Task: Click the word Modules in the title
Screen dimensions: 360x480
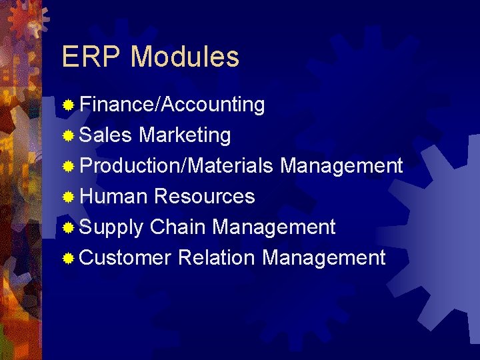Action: (185, 57)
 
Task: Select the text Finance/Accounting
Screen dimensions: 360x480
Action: (172, 105)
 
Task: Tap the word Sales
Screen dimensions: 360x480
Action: (105, 135)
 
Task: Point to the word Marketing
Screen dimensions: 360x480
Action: (185, 135)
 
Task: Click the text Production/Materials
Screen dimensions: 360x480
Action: (177, 165)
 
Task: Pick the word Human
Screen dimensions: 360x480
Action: (113, 196)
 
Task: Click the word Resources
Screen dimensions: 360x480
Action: (204, 196)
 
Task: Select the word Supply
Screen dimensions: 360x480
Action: (111, 227)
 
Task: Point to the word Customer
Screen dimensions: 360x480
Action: (125, 257)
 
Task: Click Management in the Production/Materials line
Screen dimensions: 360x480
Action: (341, 165)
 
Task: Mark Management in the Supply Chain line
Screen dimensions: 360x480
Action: (273, 227)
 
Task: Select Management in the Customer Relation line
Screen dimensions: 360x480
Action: (324, 257)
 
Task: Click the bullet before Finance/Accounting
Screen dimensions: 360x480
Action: (68, 105)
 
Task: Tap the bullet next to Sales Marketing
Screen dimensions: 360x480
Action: (68, 136)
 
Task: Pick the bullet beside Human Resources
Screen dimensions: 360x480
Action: (68, 197)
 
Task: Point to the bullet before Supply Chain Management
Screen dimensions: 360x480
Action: (68, 227)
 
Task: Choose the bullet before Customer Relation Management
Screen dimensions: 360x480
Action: (68, 258)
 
